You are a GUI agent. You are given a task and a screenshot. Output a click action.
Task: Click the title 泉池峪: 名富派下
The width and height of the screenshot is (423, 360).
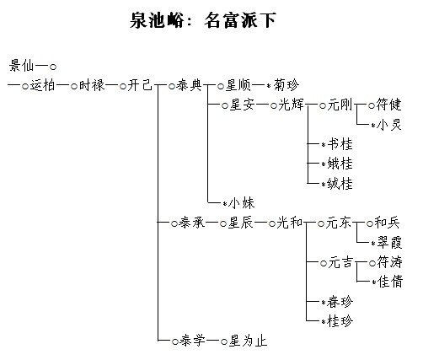(x=203, y=20)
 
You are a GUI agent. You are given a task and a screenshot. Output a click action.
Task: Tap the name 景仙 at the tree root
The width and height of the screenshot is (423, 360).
(x=21, y=66)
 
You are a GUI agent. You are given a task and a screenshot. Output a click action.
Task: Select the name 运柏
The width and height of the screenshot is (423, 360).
(x=42, y=85)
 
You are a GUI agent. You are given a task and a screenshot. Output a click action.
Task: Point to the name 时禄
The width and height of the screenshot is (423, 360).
(x=91, y=85)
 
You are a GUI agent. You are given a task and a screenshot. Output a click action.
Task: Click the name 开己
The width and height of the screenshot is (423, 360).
(x=140, y=85)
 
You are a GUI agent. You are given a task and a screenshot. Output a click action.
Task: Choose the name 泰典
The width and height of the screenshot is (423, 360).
(x=189, y=85)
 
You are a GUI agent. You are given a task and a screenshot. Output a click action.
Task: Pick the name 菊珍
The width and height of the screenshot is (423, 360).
(x=286, y=85)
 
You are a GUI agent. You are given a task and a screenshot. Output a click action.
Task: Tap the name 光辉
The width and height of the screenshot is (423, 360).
(x=291, y=105)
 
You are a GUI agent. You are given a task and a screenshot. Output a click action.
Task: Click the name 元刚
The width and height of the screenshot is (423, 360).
(x=340, y=105)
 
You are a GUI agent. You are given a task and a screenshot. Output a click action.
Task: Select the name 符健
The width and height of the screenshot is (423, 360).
(x=388, y=105)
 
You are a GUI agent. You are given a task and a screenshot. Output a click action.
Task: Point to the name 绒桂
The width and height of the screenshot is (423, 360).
(x=340, y=183)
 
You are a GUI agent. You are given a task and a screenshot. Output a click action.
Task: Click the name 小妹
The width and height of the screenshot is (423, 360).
(x=242, y=203)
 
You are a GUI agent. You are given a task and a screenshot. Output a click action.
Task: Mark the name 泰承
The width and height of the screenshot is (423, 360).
(x=191, y=223)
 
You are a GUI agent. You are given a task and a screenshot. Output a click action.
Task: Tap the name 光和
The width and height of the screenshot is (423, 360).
(x=290, y=223)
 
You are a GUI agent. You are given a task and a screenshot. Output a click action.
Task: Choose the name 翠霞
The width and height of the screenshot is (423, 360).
(x=389, y=242)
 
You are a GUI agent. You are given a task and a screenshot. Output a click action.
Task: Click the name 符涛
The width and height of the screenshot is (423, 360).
(x=389, y=262)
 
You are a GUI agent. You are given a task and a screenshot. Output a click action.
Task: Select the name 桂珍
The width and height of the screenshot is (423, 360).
(x=340, y=321)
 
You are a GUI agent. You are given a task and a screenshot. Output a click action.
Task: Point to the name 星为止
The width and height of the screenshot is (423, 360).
(x=248, y=341)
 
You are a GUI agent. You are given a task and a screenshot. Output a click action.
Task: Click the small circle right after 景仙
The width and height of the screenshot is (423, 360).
(x=53, y=67)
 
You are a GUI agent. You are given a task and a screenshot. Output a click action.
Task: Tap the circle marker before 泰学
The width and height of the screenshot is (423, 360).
(x=175, y=341)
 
